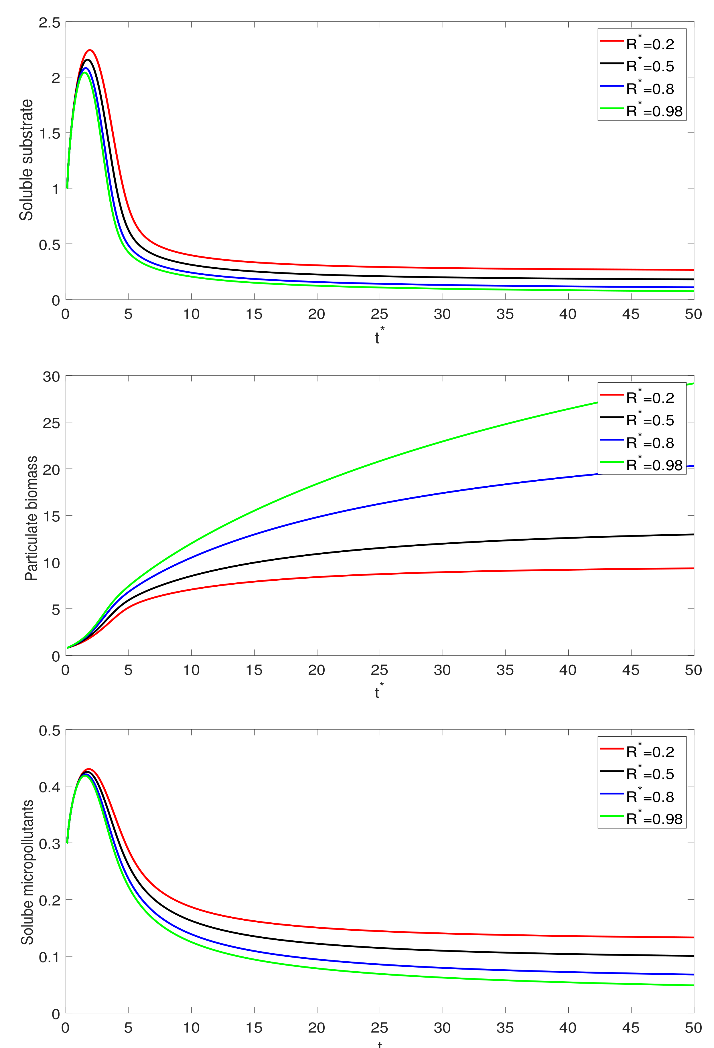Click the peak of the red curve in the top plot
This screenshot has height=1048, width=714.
[x=90, y=50]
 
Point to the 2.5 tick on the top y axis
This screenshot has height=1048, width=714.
[x=50, y=23]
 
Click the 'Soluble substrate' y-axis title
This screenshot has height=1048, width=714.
[x=26, y=160]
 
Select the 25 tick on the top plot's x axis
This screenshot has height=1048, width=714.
[x=379, y=314]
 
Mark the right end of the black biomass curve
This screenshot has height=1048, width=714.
[x=693, y=534]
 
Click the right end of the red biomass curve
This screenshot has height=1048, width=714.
[x=693, y=568]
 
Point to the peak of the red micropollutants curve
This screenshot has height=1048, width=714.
[x=89, y=769]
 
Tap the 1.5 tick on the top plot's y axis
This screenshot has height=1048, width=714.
[x=50, y=133]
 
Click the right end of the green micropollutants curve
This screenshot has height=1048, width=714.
[x=693, y=985]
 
